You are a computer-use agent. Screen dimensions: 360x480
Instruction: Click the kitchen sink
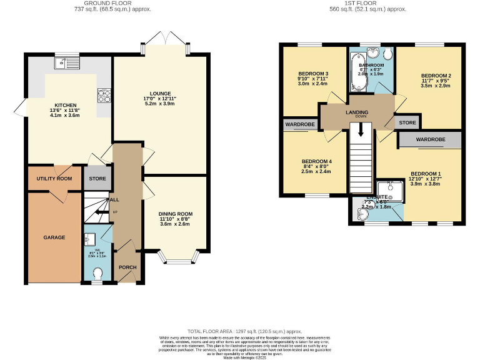point(62,62)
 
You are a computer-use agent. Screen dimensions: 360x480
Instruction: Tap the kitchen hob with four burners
point(103,95)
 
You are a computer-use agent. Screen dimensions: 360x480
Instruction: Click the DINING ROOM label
point(175,214)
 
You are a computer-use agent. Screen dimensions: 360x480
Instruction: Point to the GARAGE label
point(54,238)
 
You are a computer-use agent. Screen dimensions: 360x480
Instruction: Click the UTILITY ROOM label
point(54,179)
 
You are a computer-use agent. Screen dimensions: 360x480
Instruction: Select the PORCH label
point(127,267)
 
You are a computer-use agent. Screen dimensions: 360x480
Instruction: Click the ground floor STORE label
point(97,179)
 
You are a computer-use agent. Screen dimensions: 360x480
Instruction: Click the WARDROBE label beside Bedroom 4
point(300,125)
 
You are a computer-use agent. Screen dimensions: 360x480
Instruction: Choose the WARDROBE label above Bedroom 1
point(430,138)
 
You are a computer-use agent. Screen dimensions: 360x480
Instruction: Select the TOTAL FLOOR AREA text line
point(245,331)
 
